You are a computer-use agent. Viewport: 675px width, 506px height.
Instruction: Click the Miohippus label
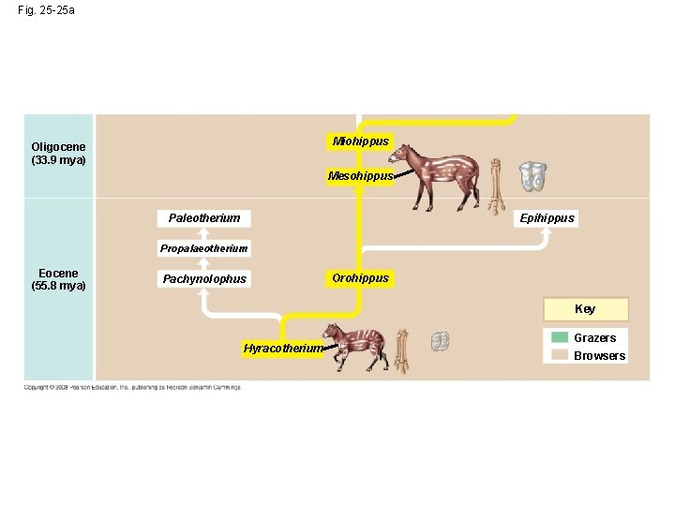point(360,141)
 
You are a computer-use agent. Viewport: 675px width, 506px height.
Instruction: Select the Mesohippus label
point(360,176)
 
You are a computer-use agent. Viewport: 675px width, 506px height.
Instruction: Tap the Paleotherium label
point(203,218)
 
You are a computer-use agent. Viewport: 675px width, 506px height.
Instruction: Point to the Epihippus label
point(547,218)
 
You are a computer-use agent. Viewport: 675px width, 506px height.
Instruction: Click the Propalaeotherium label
point(203,248)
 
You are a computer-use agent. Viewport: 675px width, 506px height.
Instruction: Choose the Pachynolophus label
point(204,278)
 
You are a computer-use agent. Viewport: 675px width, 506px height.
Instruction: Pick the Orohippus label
point(360,278)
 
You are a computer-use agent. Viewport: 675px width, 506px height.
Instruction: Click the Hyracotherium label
point(282,349)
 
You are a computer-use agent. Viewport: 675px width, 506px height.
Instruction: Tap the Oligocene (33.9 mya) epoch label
point(58,154)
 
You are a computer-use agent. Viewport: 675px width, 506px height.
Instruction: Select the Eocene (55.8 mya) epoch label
point(58,279)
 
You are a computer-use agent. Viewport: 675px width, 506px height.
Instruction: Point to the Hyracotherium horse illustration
point(352,344)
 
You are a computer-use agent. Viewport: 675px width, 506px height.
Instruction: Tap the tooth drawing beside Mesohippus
point(533,175)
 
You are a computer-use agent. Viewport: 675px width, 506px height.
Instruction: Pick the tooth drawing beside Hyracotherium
point(439,342)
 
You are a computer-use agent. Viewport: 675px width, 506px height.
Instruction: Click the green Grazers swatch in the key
point(560,337)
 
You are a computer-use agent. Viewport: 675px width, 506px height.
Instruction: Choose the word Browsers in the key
point(599,356)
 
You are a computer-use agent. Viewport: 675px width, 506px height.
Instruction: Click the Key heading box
point(585,309)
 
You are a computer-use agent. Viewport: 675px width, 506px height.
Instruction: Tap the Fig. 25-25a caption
point(47,10)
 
